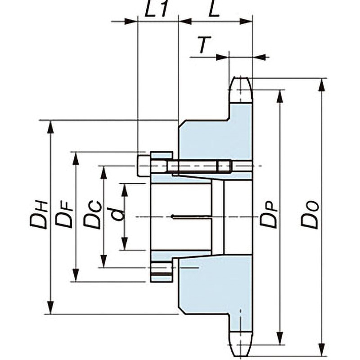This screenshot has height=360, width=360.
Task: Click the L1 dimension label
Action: (155, 10)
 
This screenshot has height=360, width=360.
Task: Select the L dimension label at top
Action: (214, 10)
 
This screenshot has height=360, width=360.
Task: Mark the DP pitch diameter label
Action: (269, 215)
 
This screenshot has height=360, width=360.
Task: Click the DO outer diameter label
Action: (310, 215)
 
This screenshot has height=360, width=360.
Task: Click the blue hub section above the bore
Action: (211, 137)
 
